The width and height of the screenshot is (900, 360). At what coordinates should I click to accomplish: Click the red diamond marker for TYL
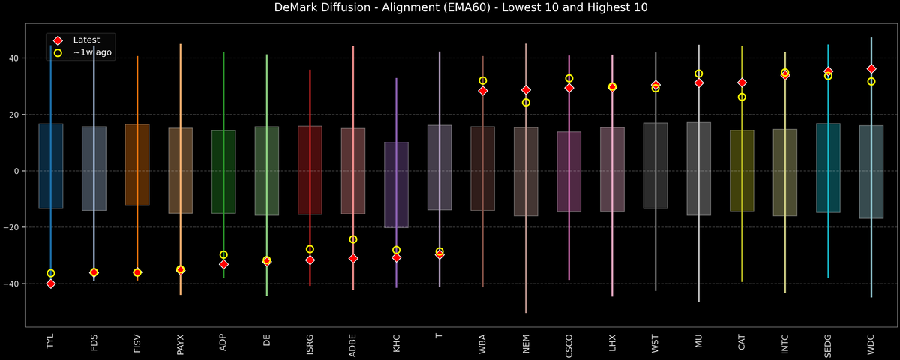[x=50, y=283]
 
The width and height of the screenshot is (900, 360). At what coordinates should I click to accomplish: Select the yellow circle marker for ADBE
[x=353, y=239]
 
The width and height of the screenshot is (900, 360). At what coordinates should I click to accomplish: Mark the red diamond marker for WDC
[x=871, y=69]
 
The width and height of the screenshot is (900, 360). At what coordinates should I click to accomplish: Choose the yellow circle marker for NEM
[x=526, y=103]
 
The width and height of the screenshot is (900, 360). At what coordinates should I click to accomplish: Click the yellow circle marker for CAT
[x=742, y=97]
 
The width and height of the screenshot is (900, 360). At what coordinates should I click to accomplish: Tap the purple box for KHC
[x=396, y=184]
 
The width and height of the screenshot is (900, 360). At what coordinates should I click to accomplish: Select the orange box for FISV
[x=137, y=165]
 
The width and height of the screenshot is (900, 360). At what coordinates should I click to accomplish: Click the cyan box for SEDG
[x=828, y=168]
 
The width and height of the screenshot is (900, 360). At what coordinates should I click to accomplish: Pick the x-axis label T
[x=439, y=337]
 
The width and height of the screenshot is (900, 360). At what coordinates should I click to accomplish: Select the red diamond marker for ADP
[x=223, y=264]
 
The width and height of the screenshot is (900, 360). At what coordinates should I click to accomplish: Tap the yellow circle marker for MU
[x=699, y=73]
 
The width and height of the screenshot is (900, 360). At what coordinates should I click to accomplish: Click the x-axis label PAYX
[x=180, y=343]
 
